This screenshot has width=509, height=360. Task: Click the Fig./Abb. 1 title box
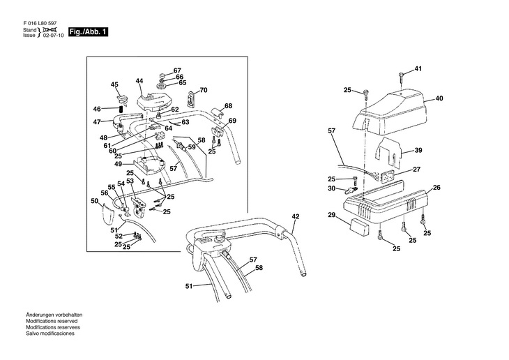click(88, 32)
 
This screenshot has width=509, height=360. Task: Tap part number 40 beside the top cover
click(439, 98)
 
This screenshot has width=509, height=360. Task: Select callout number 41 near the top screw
click(418, 69)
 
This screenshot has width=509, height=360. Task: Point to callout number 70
click(204, 90)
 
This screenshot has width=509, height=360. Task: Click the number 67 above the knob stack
click(177, 70)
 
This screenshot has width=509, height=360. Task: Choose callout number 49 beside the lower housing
click(118, 165)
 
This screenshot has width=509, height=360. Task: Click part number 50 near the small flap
click(94, 201)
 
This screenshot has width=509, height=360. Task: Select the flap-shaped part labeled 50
click(108, 213)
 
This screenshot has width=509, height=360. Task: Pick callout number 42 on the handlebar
click(296, 216)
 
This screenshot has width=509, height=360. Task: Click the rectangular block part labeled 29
click(359, 227)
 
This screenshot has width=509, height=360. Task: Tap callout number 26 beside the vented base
click(436, 188)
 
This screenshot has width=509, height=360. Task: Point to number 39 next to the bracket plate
click(418, 150)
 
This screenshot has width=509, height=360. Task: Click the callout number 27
click(417, 170)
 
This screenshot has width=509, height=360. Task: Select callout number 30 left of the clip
click(331, 188)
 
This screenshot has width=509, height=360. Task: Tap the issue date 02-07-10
click(54, 36)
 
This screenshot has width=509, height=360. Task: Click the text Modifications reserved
click(52, 321)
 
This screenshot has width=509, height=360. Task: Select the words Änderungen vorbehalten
click(54, 315)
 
